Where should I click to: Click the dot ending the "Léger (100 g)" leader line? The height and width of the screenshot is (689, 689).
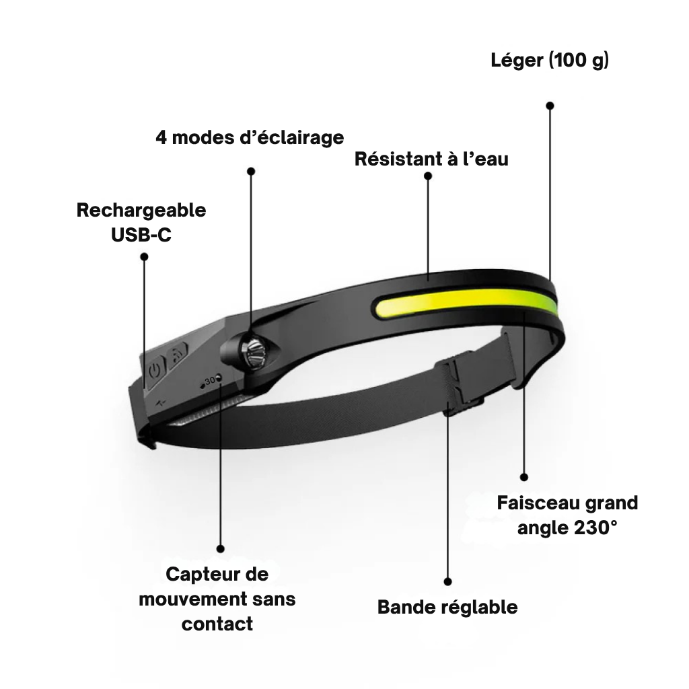[x=550, y=106]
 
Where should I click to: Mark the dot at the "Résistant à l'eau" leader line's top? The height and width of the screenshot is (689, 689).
[x=428, y=176]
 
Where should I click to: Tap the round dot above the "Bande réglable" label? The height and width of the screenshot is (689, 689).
[x=447, y=581]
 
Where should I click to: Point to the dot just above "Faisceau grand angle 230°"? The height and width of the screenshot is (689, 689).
[x=523, y=477]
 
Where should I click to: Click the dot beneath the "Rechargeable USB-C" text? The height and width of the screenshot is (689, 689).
[x=144, y=256]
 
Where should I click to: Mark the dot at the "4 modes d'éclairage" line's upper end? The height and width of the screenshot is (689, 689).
[x=251, y=171]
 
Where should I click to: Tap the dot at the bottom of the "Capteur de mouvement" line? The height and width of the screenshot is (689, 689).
[x=221, y=549]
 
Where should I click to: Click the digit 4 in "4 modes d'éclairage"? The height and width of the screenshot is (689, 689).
[x=161, y=137]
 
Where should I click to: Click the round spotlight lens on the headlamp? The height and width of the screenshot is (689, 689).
[x=255, y=350]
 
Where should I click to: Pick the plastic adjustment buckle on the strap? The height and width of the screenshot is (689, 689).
[x=459, y=385]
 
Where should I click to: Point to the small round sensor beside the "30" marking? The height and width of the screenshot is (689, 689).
[x=219, y=377]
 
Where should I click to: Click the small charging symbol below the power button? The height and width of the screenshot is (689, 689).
[x=161, y=402]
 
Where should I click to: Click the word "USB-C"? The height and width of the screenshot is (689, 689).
[x=141, y=235]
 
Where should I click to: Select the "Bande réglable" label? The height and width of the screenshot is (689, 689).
[x=447, y=608]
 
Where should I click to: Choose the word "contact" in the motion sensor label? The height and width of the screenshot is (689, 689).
[x=217, y=624]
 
